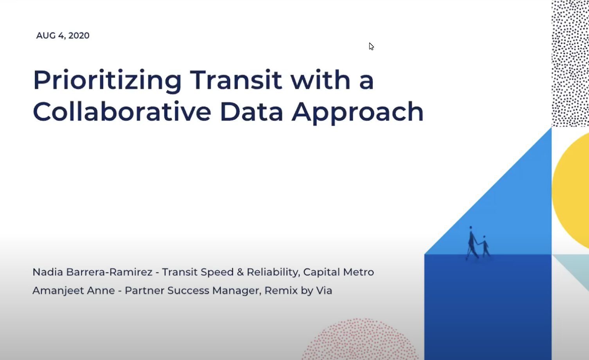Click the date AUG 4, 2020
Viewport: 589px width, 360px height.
[63, 36]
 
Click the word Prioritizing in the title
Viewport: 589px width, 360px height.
[107, 81]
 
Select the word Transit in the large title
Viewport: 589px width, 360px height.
[236, 80]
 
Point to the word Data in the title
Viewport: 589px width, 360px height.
[251, 112]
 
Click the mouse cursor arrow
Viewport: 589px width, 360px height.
[371, 46]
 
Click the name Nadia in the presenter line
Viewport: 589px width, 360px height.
[48, 272]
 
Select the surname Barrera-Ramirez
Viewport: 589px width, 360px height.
[109, 272]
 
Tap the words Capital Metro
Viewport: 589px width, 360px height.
[338, 272]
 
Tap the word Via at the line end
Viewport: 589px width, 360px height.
[324, 290]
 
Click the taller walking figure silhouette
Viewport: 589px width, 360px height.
[472, 243]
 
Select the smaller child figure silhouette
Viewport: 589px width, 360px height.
[485, 247]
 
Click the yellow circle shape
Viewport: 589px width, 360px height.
[573, 192]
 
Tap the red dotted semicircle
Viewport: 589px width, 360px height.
[360, 340]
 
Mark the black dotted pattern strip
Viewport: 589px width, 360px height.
[570, 63]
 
